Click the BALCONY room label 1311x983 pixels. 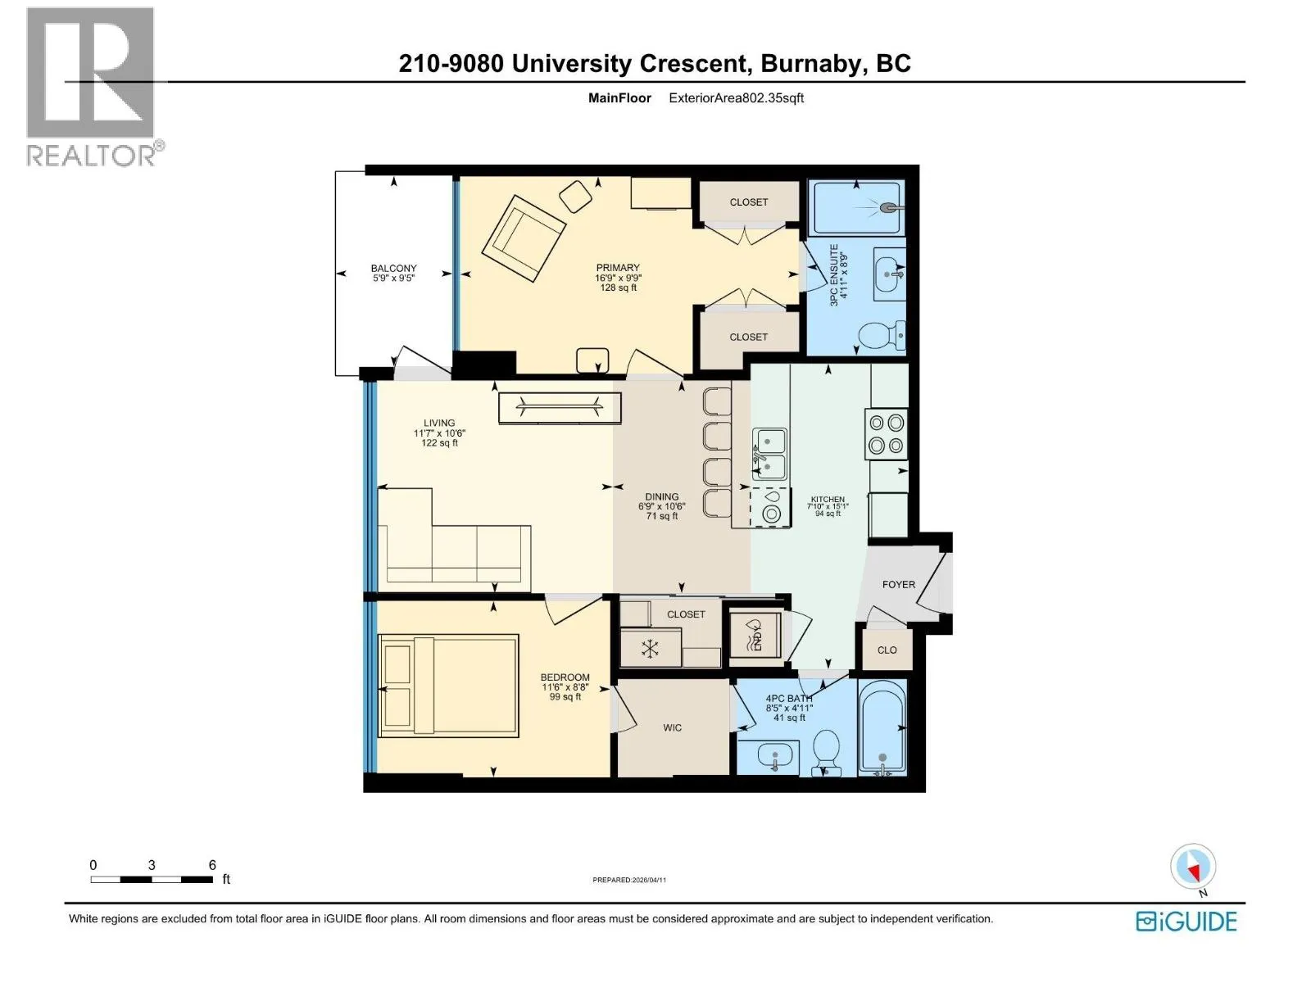393,268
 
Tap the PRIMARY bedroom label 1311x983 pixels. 618,267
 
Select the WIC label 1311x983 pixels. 672,727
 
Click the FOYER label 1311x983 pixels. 898,584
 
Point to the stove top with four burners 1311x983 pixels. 886,434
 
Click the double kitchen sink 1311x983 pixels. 769,454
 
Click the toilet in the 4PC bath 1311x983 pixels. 827,752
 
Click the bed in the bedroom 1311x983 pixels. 448,685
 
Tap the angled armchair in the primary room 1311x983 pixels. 524,238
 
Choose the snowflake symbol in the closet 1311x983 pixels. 649,648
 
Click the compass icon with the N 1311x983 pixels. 1193,867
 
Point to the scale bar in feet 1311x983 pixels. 152,879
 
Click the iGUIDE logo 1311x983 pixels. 1186,922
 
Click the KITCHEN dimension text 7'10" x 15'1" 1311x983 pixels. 828,507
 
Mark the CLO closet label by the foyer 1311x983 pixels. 887,650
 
